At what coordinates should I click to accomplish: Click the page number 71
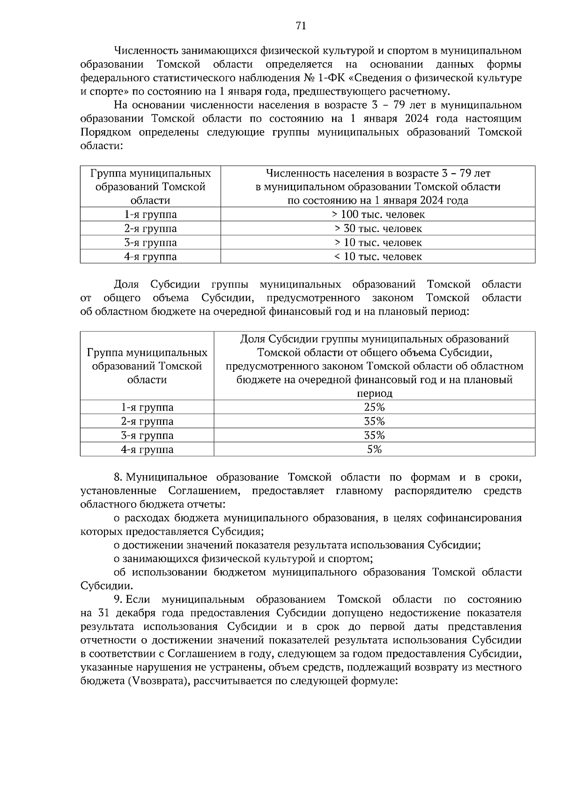(301, 26)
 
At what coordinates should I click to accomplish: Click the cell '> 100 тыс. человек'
(378, 214)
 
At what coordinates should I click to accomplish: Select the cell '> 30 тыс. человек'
(378, 228)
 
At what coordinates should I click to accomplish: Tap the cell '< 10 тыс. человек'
(378, 257)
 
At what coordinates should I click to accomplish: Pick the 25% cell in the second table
(374, 407)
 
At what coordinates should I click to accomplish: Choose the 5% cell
(374, 449)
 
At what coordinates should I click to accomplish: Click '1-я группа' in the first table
(150, 214)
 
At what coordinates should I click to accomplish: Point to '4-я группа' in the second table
(147, 449)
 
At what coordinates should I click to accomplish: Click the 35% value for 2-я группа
(374, 421)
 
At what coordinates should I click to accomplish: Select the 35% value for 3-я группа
(374, 435)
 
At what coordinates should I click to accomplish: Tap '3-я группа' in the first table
(150, 243)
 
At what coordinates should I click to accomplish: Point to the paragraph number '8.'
(118, 477)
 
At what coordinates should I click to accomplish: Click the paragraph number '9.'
(118, 600)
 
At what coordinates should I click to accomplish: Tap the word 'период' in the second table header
(374, 393)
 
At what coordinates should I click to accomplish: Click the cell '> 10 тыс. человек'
(378, 243)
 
